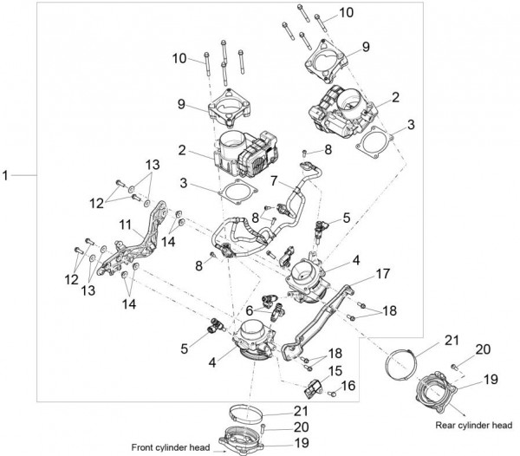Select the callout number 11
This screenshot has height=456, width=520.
(126, 223)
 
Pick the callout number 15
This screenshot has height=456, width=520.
(335, 369)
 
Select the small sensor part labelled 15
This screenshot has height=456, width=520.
(314, 383)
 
